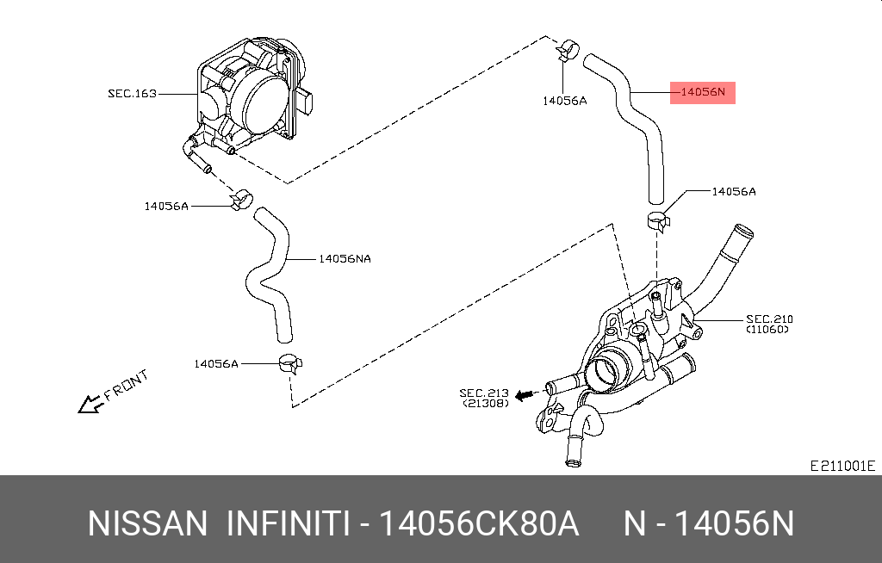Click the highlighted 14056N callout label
[x=703, y=92]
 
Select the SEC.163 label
[x=132, y=93]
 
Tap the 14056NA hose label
[x=345, y=258]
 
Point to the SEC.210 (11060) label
[x=768, y=324]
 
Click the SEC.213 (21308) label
[x=486, y=397]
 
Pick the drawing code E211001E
[x=842, y=466]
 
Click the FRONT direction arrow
[x=88, y=404]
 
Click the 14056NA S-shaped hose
[x=269, y=275]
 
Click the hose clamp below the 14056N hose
[x=659, y=220]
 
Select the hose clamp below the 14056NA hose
[x=289, y=364]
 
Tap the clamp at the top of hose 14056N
[x=568, y=51]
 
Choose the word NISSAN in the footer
[x=147, y=523]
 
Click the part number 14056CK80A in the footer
[x=480, y=523]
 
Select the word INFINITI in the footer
[x=288, y=523]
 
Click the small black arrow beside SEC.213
[x=525, y=397]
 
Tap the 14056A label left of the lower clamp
[x=215, y=363]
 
